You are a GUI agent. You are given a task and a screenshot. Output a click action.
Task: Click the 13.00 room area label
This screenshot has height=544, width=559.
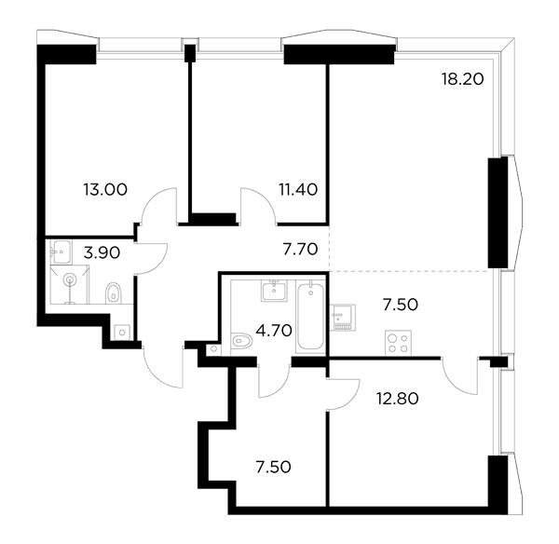click(105, 189)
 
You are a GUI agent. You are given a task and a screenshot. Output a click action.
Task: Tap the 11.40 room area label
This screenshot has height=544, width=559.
click(298, 189)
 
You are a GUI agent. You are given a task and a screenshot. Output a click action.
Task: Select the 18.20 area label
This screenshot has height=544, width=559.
click(463, 79)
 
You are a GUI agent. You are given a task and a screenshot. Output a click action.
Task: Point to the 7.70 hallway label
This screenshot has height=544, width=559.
click(300, 250)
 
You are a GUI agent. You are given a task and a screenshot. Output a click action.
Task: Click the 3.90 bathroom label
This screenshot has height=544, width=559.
click(102, 252)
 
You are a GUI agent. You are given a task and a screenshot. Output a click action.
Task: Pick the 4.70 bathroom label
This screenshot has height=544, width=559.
click(274, 331)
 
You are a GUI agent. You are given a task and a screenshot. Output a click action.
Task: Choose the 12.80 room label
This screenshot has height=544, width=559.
click(398, 398)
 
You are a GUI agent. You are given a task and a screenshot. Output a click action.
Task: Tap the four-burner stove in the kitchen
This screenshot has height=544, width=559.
click(398, 343)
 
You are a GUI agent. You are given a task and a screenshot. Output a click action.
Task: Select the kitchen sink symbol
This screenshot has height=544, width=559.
click(343, 318)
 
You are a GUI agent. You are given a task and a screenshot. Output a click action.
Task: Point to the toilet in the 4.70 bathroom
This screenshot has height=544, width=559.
click(241, 341)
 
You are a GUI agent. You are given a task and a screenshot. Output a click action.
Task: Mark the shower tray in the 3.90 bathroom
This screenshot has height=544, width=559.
click(70, 284)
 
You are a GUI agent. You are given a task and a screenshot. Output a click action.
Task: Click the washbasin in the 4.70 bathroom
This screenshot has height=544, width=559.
click(274, 291)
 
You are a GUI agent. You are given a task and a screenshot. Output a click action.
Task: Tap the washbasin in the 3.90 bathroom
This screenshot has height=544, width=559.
click(61, 252)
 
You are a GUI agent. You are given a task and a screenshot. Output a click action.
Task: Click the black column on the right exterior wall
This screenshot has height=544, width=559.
click(498, 212)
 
